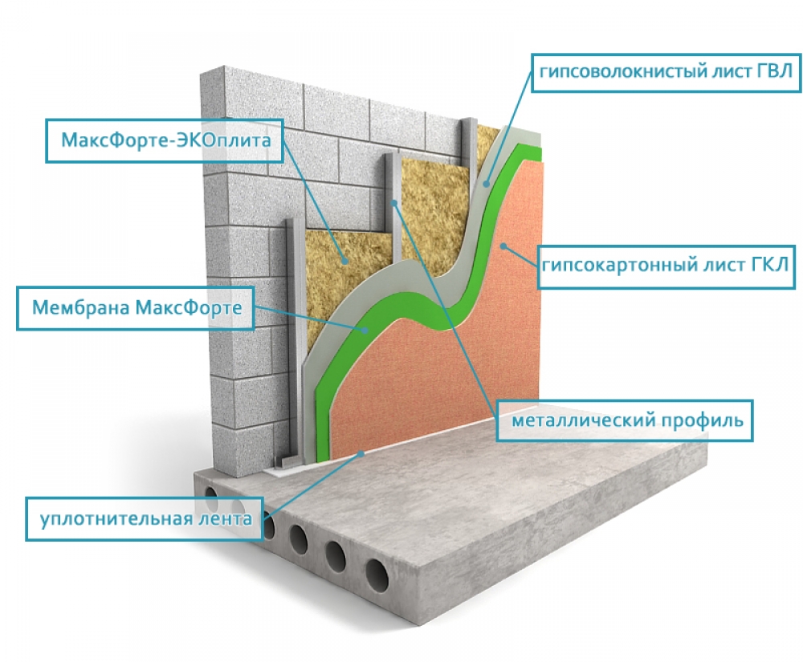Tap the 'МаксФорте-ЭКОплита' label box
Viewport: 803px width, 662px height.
click(x=165, y=140)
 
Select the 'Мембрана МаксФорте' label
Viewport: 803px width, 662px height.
click(x=136, y=308)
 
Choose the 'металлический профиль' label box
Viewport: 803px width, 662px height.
click(x=625, y=420)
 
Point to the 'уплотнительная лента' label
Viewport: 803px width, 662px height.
click(x=145, y=518)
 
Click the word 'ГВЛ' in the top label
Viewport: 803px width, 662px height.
click(x=774, y=71)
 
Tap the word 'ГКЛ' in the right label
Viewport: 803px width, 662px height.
click(x=770, y=265)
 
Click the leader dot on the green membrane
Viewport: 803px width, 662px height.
click(x=365, y=330)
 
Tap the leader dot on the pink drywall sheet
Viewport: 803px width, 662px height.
click(x=503, y=246)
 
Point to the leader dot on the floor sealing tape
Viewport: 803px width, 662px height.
click(x=361, y=453)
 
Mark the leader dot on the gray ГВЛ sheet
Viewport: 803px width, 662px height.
click(x=487, y=184)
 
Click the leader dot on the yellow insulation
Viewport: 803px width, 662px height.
click(x=345, y=262)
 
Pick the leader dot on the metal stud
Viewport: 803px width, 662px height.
click(x=394, y=203)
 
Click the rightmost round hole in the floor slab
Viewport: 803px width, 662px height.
click(x=377, y=575)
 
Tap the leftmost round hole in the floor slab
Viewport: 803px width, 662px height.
click(x=210, y=493)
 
